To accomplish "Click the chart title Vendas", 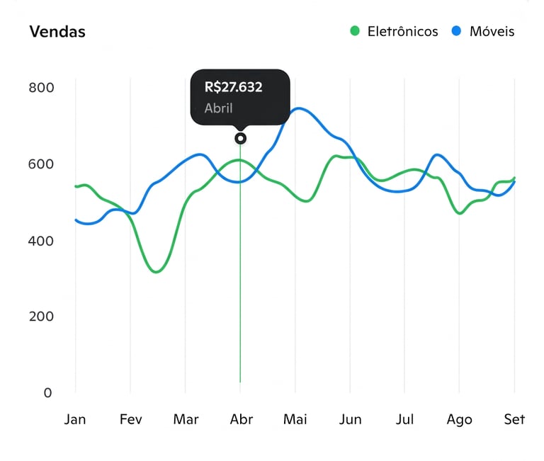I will point(57,32).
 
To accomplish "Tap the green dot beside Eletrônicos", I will point(355,31).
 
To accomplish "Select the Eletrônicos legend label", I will point(402,32).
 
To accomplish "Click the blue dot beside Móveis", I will point(457,31).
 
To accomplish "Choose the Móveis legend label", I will point(492,32).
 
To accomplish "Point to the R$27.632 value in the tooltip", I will point(233,88).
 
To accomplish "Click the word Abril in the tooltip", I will point(218,109).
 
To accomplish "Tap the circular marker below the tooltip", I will point(240,138).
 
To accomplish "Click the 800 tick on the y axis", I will point(41,88).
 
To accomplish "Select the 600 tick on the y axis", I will point(41,164).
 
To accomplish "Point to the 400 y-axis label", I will point(41,241).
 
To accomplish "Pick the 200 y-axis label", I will point(41,317).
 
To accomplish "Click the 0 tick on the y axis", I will point(47,393).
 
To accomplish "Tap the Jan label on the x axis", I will point(75,420).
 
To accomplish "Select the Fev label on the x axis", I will point(130,420).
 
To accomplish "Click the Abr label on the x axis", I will point(241,420).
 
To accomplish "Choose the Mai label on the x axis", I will point(295,420).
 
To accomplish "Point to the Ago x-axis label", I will point(459,420).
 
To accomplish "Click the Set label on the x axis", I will point(514,420).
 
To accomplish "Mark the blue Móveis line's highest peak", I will point(300,108).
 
